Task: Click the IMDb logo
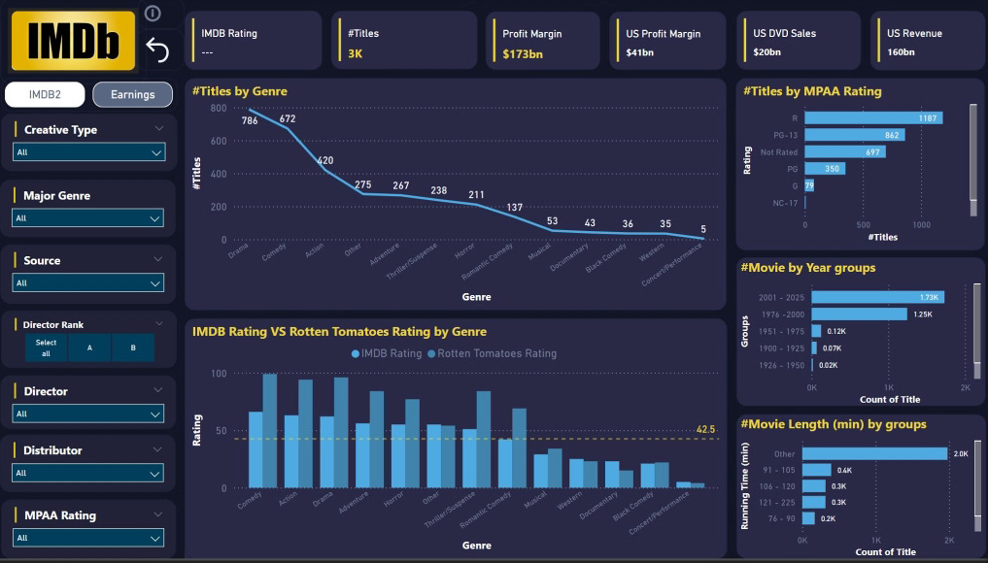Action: pos(73,41)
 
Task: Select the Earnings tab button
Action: pos(132,94)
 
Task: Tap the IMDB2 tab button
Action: pos(45,94)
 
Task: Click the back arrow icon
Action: pos(156,50)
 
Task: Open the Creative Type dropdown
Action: pos(88,152)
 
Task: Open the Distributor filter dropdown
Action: pos(88,473)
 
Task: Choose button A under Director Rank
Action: pos(88,348)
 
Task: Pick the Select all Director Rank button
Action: pos(46,348)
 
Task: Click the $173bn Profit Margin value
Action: pos(523,53)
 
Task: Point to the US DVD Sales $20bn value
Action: pos(767,52)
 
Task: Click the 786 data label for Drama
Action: pos(250,121)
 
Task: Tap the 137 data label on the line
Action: pos(515,208)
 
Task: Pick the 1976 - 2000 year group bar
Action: pos(859,314)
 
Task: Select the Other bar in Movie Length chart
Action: pos(874,453)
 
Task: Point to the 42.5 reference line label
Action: pos(706,429)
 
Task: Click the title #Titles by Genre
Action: pos(240,91)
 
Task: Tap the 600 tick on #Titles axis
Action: pos(219,141)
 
